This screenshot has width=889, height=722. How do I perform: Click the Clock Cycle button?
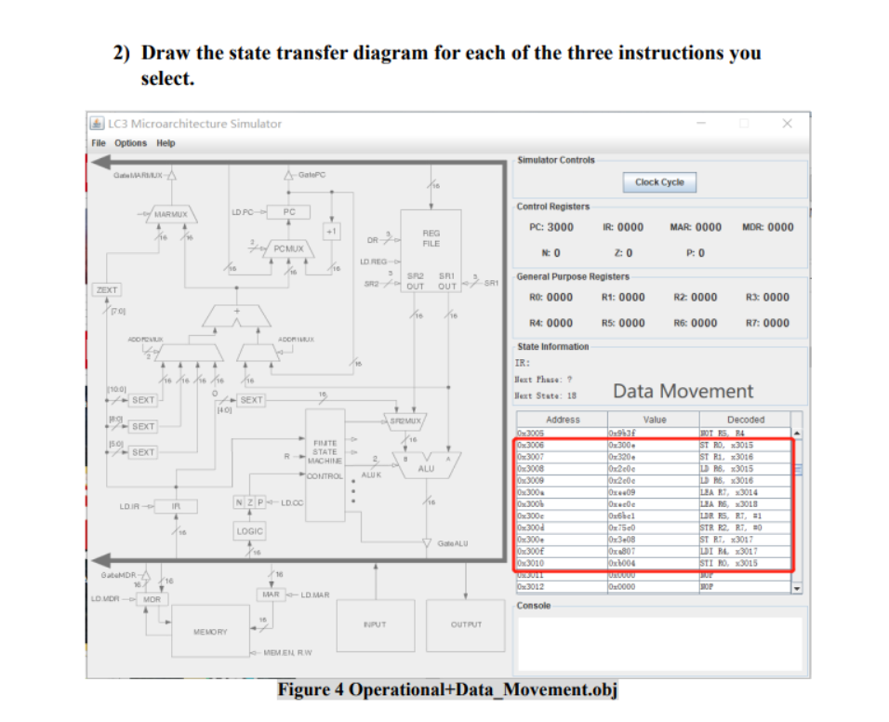tap(659, 182)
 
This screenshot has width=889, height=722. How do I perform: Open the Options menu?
tap(130, 143)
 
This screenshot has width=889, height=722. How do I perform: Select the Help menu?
tap(166, 143)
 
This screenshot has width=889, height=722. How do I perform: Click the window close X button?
tap(788, 123)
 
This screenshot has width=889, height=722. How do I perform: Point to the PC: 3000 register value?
tap(551, 227)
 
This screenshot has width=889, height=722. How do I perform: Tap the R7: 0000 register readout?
tap(767, 323)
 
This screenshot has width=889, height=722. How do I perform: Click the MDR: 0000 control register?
tap(767, 227)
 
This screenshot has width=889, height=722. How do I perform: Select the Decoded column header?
tap(745, 420)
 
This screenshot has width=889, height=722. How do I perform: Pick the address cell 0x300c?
tap(530, 515)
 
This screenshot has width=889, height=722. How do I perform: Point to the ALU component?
tap(426, 468)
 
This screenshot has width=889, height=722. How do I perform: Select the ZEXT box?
tap(106, 290)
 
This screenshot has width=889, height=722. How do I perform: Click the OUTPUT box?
tap(464, 625)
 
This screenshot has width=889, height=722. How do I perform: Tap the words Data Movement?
tap(683, 391)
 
